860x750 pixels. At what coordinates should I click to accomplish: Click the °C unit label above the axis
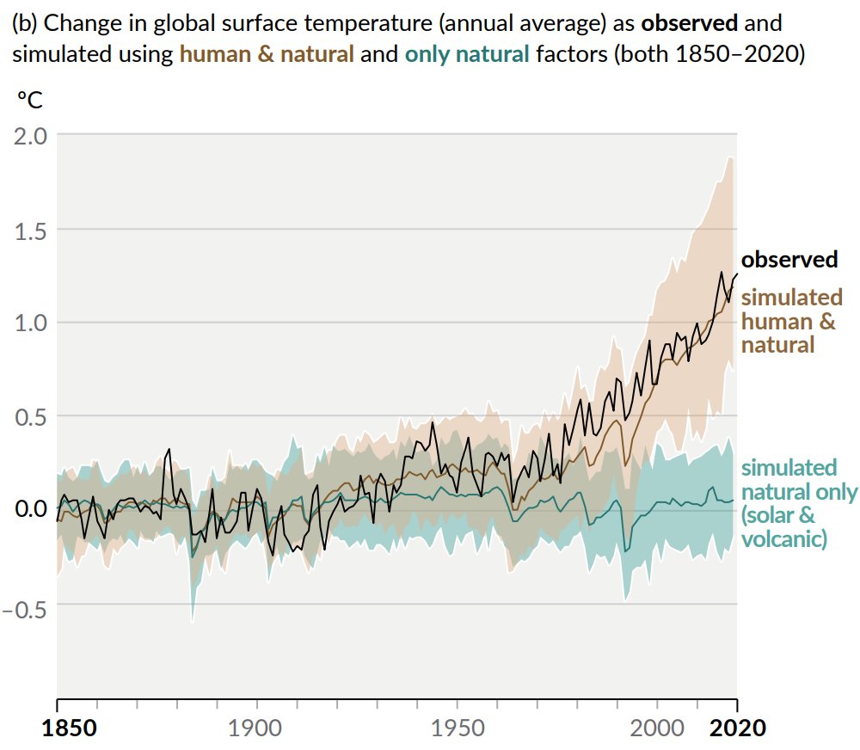29,100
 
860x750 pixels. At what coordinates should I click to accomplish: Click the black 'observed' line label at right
789,259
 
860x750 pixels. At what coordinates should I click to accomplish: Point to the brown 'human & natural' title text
267,55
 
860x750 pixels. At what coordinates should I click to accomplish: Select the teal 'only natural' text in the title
467,55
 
